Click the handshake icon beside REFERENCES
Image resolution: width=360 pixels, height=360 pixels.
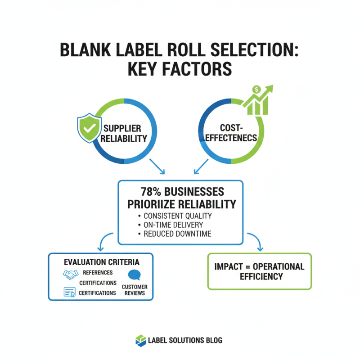pyautogui.click(x=71, y=274)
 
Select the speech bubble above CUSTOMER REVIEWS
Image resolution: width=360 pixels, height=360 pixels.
pyautogui.click(x=135, y=275)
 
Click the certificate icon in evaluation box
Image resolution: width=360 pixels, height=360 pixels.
pyautogui.click(x=69, y=292)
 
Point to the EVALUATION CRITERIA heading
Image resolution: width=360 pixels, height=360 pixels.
pyautogui.click(x=102, y=261)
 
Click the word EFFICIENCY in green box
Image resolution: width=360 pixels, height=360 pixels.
pyautogui.click(x=259, y=276)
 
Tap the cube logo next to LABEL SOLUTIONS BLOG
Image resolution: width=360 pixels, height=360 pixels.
pyautogui.click(x=141, y=341)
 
